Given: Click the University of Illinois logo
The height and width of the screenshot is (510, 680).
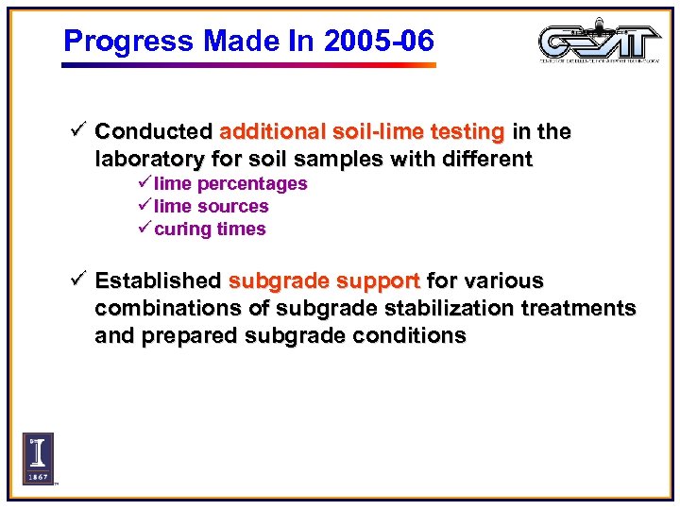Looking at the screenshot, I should pyautogui.click(x=39, y=458).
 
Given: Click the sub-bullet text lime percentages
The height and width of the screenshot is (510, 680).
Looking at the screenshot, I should pyautogui.click(x=230, y=183).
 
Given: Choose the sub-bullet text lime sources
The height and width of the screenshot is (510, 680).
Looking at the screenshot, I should pyautogui.click(x=212, y=206).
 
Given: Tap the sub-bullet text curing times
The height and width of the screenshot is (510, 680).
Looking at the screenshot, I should pyautogui.click(x=210, y=229).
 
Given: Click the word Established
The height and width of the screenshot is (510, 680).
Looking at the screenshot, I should pyautogui.click(x=158, y=280).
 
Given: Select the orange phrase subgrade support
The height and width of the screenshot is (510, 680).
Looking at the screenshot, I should pyautogui.click(x=325, y=280).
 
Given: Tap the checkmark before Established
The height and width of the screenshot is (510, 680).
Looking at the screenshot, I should pyautogui.click(x=79, y=280).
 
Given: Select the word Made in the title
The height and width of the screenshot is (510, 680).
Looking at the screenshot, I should pyautogui.click(x=224, y=41).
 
